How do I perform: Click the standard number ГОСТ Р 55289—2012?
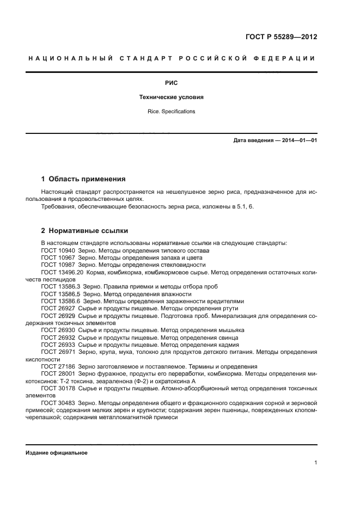click(x=281, y=38)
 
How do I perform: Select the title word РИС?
click(x=172, y=84)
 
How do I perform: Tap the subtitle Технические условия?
click(x=172, y=98)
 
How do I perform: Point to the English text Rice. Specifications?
click(x=172, y=112)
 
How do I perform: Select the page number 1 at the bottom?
click(x=315, y=463)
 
